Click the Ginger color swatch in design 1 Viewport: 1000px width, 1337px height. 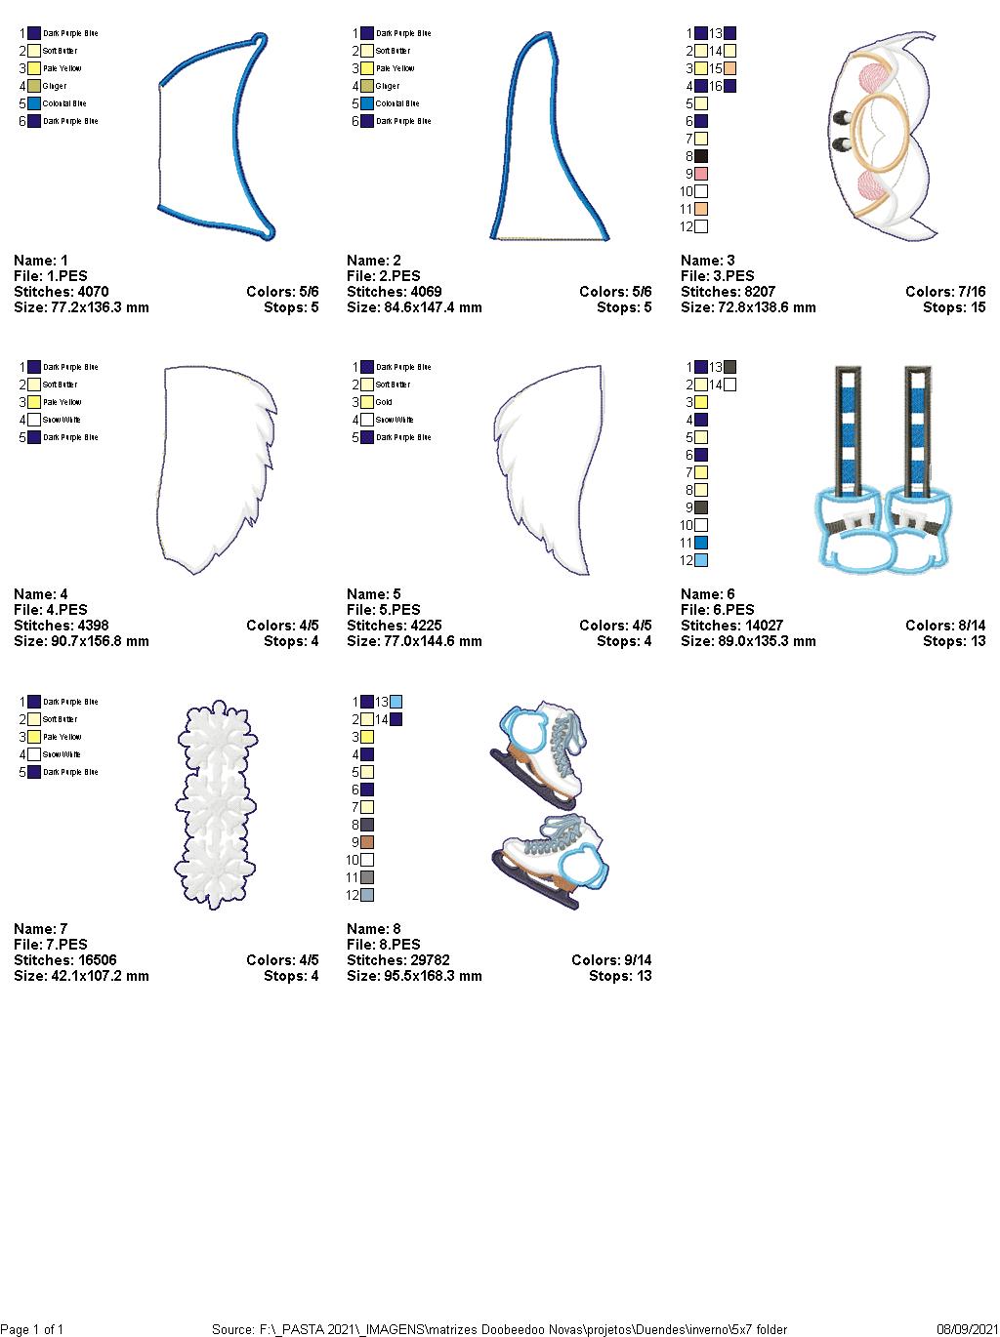click(x=34, y=86)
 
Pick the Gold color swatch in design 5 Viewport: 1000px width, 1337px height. click(x=367, y=402)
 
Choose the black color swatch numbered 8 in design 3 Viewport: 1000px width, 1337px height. click(x=700, y=156)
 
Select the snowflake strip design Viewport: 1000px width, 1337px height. click(x=216, y=805)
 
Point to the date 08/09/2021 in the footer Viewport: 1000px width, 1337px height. click(x=966, y=1329)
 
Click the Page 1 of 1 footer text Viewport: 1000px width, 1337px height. click(x=32, y=1329)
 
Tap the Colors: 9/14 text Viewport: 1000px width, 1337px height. click(x=611, y=960)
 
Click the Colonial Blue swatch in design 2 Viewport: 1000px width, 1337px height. click(x=367, y=103)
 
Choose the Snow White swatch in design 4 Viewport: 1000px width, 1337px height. click(x=34, y=420)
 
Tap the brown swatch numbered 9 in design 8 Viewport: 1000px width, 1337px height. click(x=367, y=842)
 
